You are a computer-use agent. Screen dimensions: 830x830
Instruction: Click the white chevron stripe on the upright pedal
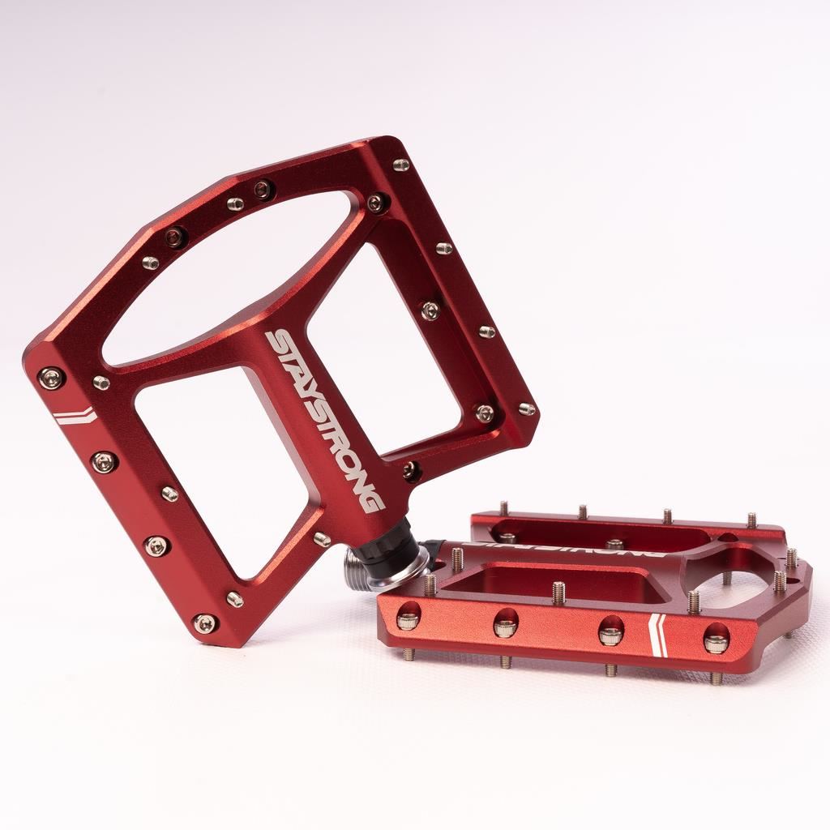pos(75,417)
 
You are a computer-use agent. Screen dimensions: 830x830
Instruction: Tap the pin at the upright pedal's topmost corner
pos(400,165)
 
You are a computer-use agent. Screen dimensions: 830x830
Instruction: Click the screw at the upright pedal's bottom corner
pos(205,622)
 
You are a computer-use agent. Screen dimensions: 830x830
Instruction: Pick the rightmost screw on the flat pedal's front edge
pos(715,643)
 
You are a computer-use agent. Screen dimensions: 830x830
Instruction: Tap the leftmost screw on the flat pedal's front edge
pos(408,620)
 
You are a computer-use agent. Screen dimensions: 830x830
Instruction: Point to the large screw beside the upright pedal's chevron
pos(51,377)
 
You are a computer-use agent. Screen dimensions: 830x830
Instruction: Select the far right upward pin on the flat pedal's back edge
pos(751,520)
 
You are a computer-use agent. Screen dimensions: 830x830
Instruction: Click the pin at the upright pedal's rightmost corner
pos(527,409)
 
